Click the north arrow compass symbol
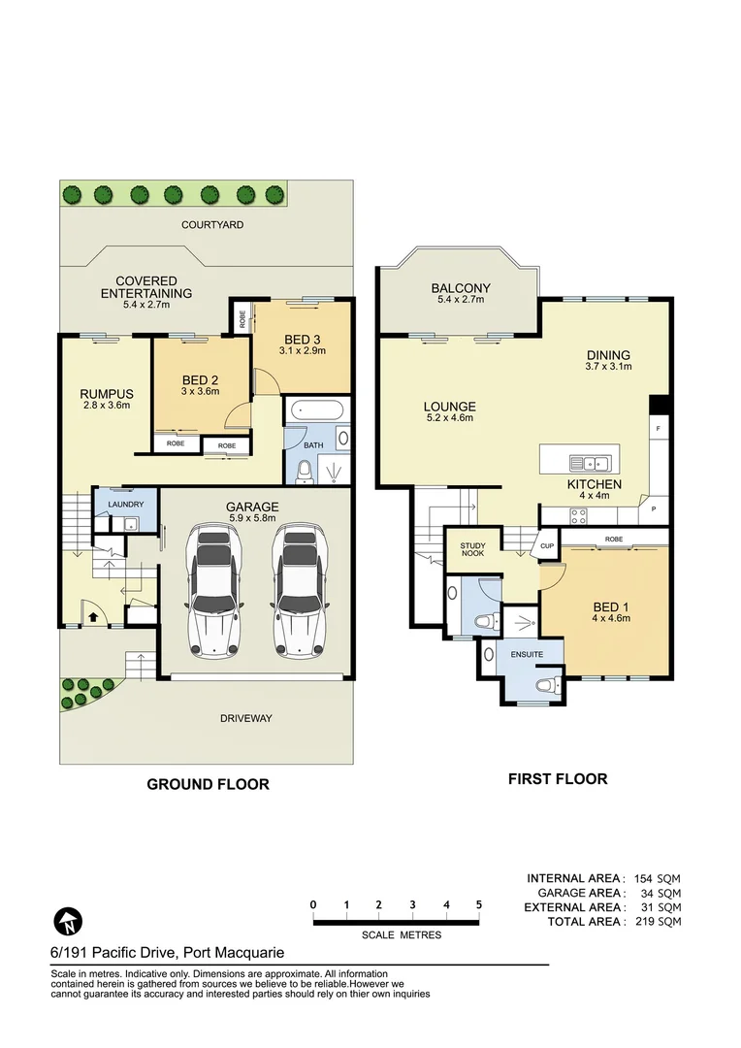tap(66, 920)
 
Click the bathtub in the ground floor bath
tap(314, 410)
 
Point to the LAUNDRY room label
tap(126, 505)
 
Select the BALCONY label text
tap(461, 288)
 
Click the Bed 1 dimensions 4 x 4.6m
tap(612, 618)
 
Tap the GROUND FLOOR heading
tap(208, 784)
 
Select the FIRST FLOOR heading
tap(558, 778)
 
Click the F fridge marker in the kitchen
tap(658, 428)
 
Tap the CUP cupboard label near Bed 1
tap(547, 547)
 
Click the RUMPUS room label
tap(106, 393)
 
